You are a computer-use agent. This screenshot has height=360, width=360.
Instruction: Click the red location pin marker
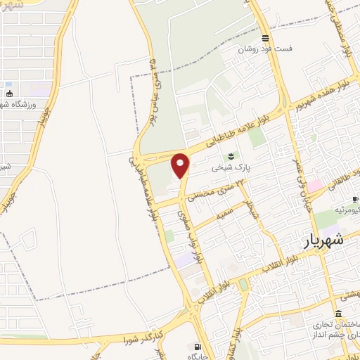[x=181, y=166]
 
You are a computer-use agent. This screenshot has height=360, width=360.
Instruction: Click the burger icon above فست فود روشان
[x=264, y=38]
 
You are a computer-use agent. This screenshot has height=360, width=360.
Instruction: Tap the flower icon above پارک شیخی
[x=229, y=156]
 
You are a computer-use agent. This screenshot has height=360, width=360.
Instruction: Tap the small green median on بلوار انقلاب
[x=243, y=284]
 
